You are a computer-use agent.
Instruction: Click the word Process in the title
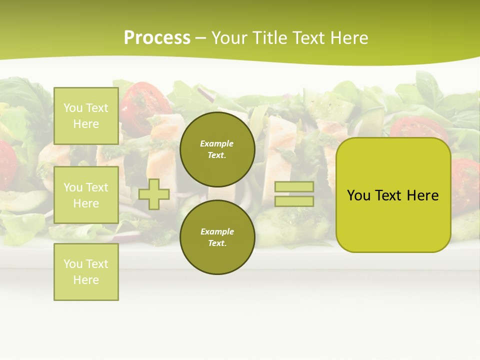[x=157, y=38]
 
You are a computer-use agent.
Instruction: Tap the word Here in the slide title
[x=348, y=38]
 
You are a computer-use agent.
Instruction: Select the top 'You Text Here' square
[x=86, y=116]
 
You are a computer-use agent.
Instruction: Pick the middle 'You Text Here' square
[x=86, y=195]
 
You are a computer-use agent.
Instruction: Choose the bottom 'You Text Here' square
[x=86, y=272]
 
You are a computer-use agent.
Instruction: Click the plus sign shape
[x=154, y=194]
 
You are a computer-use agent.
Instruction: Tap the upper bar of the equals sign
[x=294, y=186]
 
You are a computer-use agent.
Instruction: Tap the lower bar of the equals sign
[x=294, y=201]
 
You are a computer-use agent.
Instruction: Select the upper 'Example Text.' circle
[x=217, y=149]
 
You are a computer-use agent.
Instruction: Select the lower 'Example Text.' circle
[x=217, y=237]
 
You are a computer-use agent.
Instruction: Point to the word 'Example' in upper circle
[x=216, y=144]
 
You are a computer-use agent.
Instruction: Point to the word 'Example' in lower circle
[x=216, y=232]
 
